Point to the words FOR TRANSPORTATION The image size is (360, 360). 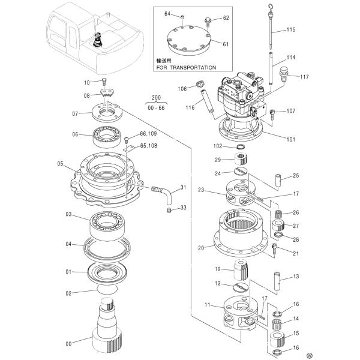[x=185, y=68]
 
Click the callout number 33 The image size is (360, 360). [x=184, y=208]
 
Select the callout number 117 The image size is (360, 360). [x=304, y=77]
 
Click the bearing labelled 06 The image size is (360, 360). [x=109, y=136]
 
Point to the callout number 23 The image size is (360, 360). [x=202, y=191]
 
